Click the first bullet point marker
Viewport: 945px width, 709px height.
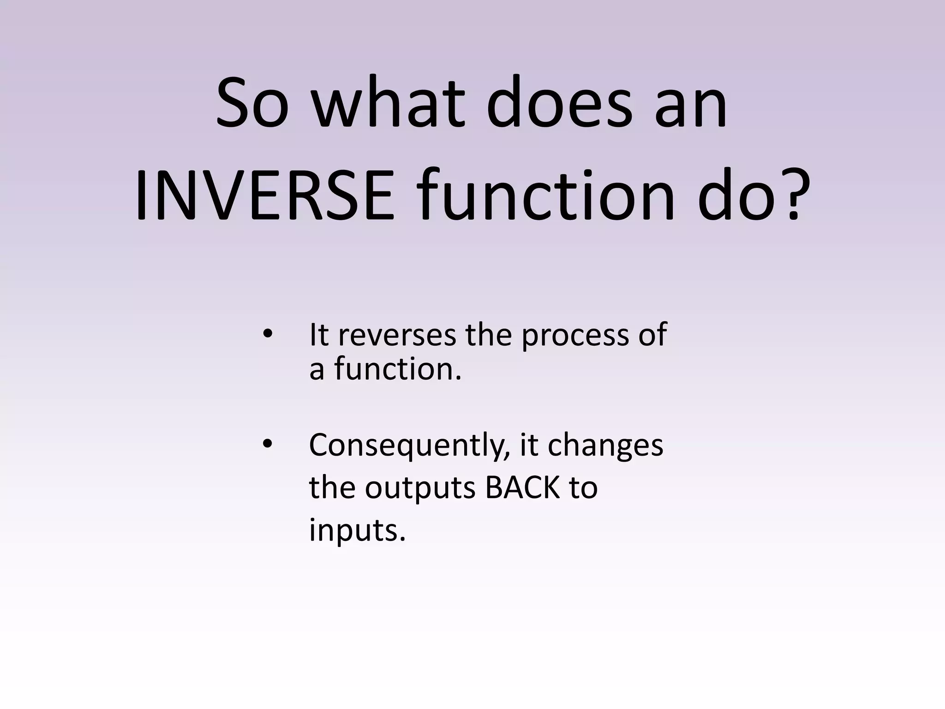click(267, 334)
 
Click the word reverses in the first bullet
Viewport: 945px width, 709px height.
click(397, 336)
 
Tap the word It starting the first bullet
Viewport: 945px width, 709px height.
click(319, 335)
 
